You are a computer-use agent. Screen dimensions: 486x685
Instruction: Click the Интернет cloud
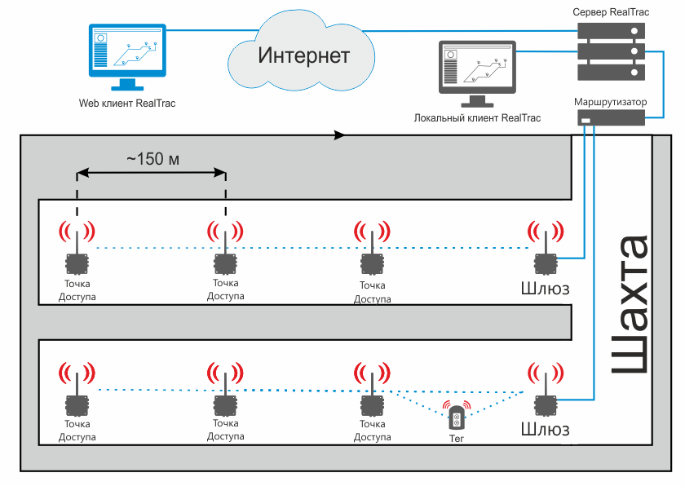tap(303, 55)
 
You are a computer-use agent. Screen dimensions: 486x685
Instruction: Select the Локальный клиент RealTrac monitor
tap(476, 72)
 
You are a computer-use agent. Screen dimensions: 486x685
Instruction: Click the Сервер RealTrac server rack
tap(609, 51)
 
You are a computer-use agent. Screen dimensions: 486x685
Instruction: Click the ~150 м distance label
tap(152, 158)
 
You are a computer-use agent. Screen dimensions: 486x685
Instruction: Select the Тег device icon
tap(456, 419)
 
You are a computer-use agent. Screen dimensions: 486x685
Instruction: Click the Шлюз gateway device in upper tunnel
tap(544, 263)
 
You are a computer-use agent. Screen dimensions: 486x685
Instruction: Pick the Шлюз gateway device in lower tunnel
tap(544, 405)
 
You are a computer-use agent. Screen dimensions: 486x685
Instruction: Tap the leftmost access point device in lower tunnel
tap(77, 405)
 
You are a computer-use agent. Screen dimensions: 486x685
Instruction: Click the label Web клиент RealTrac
tap(126, 104)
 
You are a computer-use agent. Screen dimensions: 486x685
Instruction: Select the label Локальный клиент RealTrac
tap(477, 118)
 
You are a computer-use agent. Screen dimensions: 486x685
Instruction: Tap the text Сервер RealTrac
tap(609, 12)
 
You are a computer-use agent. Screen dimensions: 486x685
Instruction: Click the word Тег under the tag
tap(456, 439)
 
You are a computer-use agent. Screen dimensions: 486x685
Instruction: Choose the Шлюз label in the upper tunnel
tap(545, 288)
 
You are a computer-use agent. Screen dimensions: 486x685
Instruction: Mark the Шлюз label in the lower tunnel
tap(545, 429)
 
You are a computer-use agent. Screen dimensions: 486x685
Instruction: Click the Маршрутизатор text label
tap(610, 101)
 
